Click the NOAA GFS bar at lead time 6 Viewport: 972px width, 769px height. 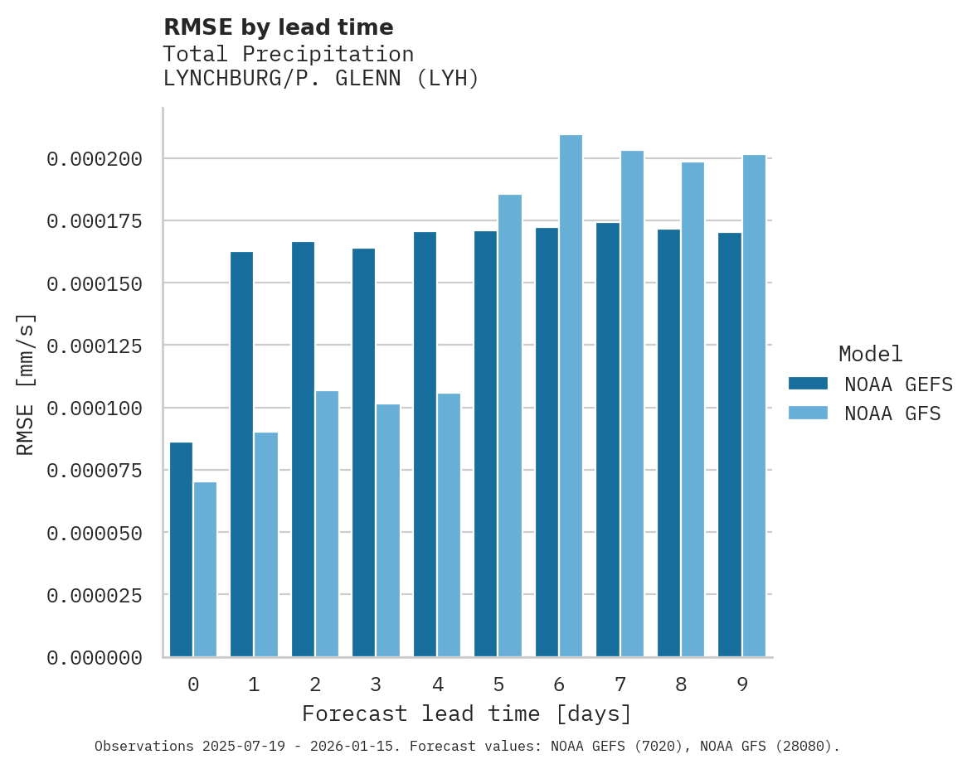pyautogui.click(x=571, y=396)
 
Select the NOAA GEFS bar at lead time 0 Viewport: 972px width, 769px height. pyautogui.click(x=181, y=549)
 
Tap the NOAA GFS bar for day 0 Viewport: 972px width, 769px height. pyautogui.click(x=205, y=569)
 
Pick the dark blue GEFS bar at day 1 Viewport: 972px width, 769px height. pyautogui.click(x=241, y=454)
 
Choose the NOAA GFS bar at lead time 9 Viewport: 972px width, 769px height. pyautogui.click(x=754, y=406)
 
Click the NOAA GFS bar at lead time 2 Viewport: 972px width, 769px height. pyautogui.click(x=327, y=524)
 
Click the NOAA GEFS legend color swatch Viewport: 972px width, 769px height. pyautogui.click(x=808, y=383)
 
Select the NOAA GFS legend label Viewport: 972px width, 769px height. pyautogui.click(x=892, y=413)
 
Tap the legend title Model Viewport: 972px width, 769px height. pyautogui.click(x=870, y=354)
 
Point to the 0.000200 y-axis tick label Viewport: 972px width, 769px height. pyautogui.click(x=95, y=158)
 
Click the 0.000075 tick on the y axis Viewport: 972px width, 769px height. pyautogui.click(x=95, y=470)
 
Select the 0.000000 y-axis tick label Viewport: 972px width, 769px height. pyautogui.click(x=95, y=657)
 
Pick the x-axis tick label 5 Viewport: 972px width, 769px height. pyautogui.click(x=498, y=684)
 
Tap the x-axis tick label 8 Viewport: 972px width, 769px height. pyautogui.click(x=681, y=684)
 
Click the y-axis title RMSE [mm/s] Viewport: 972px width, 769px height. pyautogui.click(x=26, y=384)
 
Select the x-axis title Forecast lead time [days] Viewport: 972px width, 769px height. pyautogui.click(x=467, y=713)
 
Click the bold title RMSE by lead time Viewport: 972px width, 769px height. pyautogui.click(x=278, y=27)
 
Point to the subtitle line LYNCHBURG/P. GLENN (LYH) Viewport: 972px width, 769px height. pyautogui.click(x=321, y=79)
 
